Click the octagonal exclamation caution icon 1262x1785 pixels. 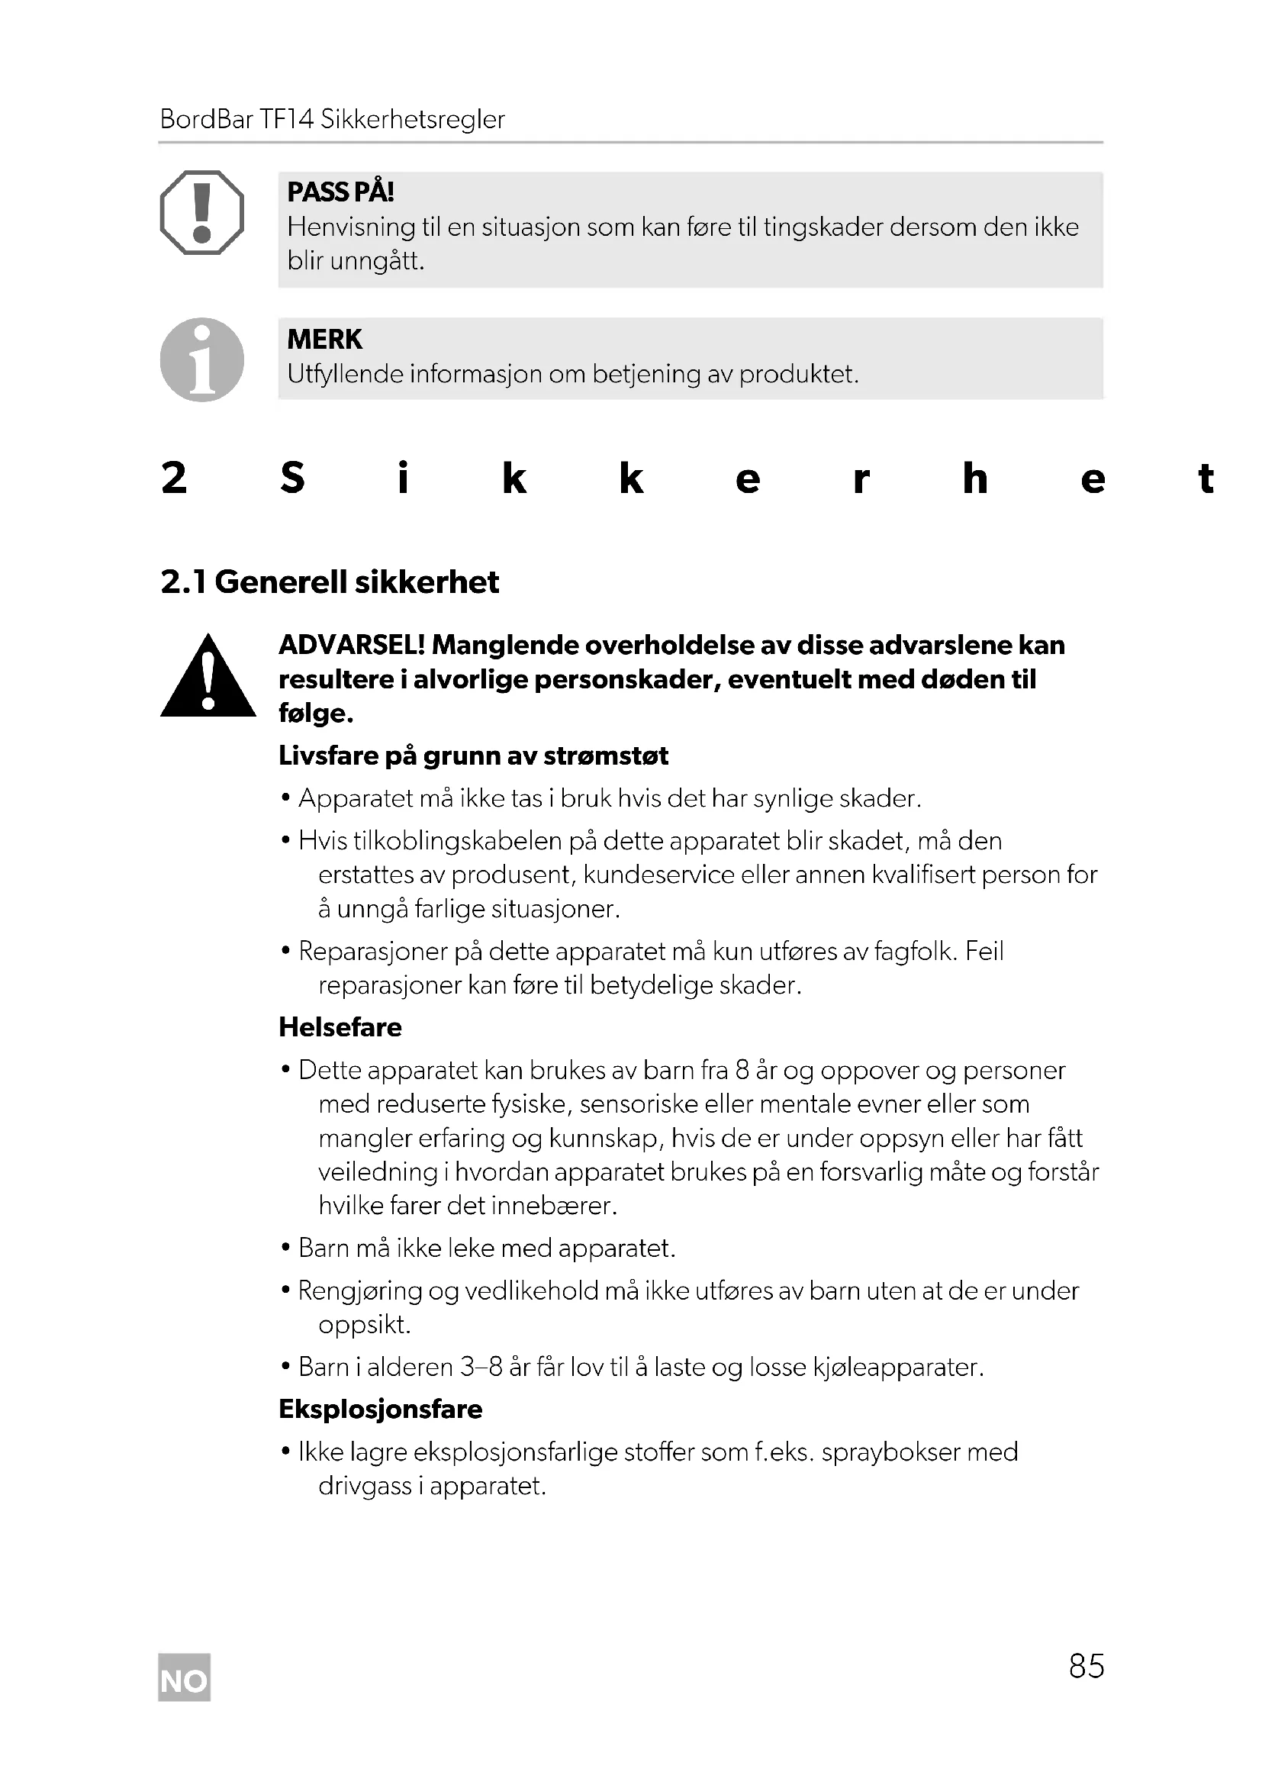[202, 213]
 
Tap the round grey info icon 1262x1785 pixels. [202, 359]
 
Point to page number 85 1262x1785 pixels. [1086, 1666]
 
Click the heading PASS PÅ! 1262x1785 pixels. [340, 192]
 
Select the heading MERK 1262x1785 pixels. [324, 340]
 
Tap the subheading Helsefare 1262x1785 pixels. [340, 1027]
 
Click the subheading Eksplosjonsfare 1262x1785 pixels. [380, 1409]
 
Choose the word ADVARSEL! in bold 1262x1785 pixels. [351, 646]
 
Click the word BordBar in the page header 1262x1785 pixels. [206, 119]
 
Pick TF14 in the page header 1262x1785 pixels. [286, 119]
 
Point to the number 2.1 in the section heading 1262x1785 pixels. [183, 582]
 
